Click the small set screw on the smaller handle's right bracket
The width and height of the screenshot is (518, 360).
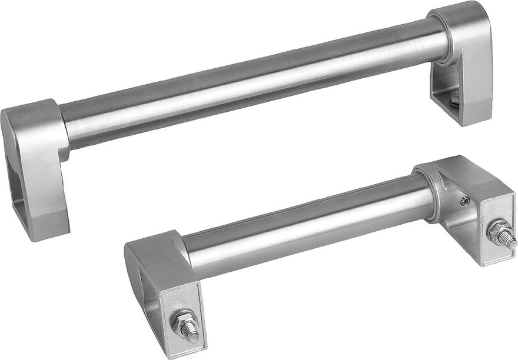(465, 202)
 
